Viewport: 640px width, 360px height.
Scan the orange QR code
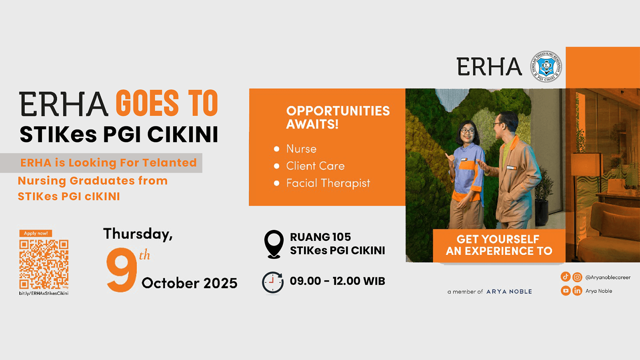click(x=44, y=264)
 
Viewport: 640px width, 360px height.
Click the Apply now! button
click(x=36, y=234)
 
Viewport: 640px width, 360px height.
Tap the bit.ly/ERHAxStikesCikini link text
click(x=44, y=294)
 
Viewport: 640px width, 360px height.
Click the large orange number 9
click(x=121, y=270)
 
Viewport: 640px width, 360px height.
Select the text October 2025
click(x=190, y=283)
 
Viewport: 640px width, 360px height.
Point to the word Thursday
click(x=138, y=234)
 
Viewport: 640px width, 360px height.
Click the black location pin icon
click(x=274, y=244)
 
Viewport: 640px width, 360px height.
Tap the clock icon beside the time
click(x=273, y=282)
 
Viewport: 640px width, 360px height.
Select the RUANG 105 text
click(x=320, y=237)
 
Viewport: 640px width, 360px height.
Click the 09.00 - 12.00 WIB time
click(x=338, y=281)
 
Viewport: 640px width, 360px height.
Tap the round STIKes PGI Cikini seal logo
click(x=546, y=67)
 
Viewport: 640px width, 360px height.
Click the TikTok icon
click(x=566, y=277)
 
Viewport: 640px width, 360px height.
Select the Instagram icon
click(x=578, y=277)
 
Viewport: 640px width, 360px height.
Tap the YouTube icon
click(x=566, y=291)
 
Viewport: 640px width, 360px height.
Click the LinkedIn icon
click(x=578, y=291)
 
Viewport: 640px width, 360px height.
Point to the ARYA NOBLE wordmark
click(x=509, y=292)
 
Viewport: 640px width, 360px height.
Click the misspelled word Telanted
click(x=170, y=163)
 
